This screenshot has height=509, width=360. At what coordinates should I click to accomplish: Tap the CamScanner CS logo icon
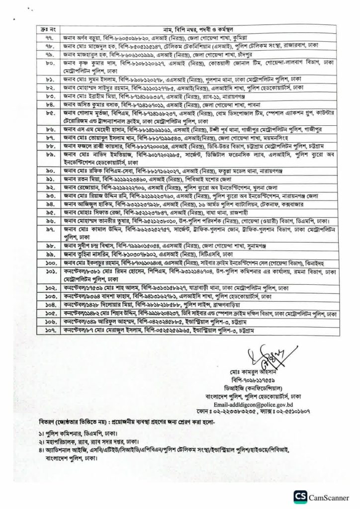301,496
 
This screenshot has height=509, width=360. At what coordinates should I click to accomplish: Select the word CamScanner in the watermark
330,496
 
